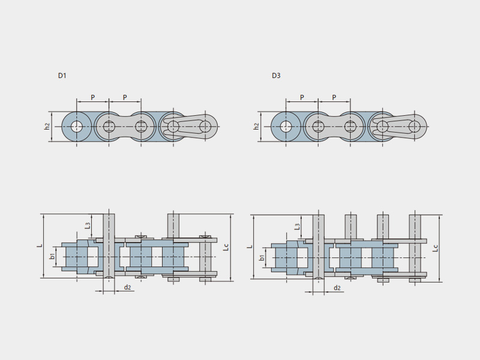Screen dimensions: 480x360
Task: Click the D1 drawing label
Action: (x=62, y=76)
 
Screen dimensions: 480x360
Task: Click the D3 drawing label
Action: (x=276, y=76)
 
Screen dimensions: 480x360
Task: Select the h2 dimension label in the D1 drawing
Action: (x=47, y=126)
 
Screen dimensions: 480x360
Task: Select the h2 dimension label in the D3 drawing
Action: (x=256, y=126)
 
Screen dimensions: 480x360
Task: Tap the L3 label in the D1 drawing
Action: (x=88, y=226)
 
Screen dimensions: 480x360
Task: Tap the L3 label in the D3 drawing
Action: (x=297, y=227)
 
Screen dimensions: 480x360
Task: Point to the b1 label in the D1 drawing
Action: (x=53, y=256)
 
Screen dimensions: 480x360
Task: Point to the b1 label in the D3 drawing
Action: (x=262, y=257)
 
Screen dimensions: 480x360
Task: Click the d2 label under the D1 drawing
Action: (x=127, y=287)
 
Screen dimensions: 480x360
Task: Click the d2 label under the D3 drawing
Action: (x=337, y=288)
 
